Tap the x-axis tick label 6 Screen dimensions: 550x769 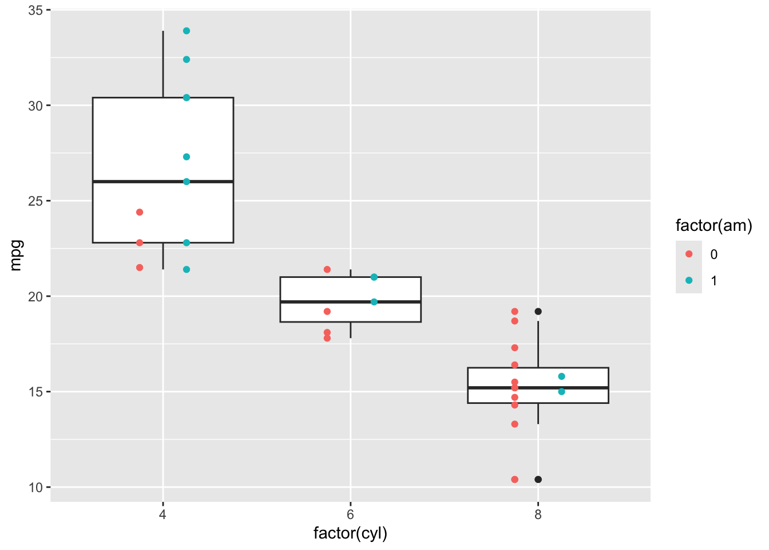tap(350, 514)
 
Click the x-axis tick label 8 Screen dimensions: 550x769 tap(538, 514)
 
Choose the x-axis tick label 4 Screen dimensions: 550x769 tap(163, 514)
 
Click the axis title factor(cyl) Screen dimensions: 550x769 tap(350, 533)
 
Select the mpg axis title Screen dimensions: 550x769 tap(15, 255)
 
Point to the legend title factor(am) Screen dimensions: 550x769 tap(713, 226)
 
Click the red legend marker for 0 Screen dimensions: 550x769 tap(689, 254)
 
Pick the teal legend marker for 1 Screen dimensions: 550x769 tap(689, 281)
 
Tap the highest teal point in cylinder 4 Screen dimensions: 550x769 tap(187, 31)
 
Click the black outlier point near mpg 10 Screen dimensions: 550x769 tap(538, 480)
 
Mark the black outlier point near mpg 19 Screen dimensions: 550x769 tap(538, 312)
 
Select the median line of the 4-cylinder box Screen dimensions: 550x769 tap(163, 182)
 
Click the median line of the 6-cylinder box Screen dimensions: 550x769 tap(350, 302)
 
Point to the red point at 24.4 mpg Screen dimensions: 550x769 tap(140, 213)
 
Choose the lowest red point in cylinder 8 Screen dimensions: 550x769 tap(514, 480)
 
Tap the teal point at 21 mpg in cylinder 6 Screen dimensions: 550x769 tap(374, 277)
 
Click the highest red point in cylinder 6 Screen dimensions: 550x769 tap(327, 269)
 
